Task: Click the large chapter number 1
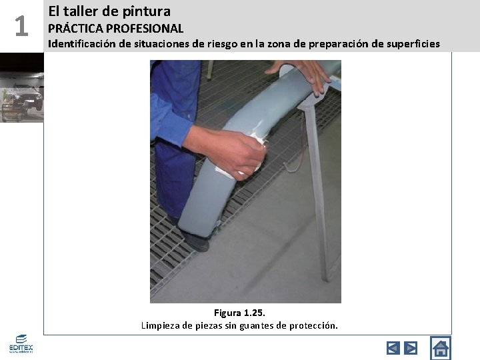coord(21,26)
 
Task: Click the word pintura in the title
coord(146,12)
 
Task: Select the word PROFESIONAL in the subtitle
coord(145,29)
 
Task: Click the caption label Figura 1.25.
coord(239,313)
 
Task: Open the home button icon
coord(441,348)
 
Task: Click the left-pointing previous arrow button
coord(393,348)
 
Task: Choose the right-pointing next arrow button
coord(411,348)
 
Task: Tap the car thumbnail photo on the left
coord(22,87)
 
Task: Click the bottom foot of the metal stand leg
coord(326,277)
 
